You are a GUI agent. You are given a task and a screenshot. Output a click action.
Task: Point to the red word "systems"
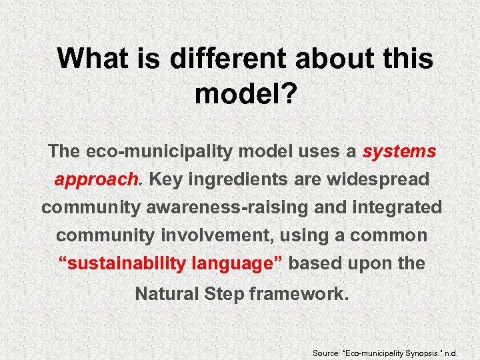399,151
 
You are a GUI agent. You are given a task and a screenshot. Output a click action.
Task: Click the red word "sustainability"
123,263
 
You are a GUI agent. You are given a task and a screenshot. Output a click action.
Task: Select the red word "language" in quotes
237,263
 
